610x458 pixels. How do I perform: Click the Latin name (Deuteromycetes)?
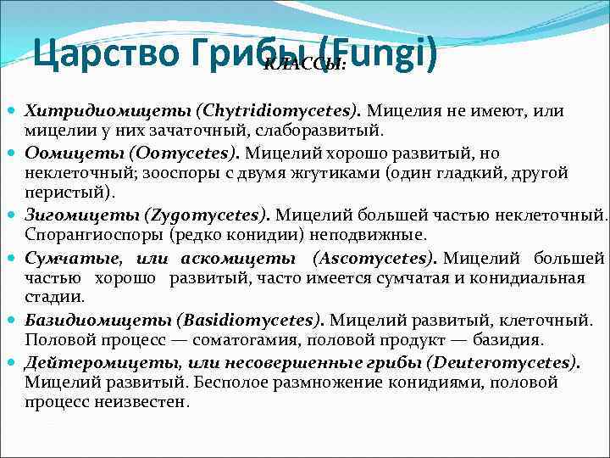[x=503, y=361]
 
